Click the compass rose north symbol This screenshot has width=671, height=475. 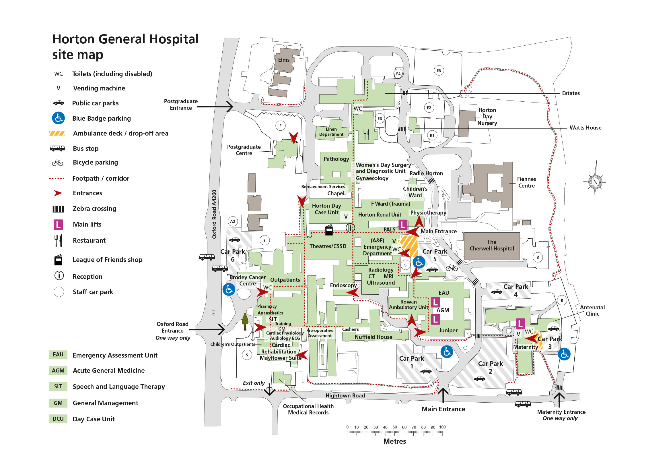click(x=595, y=182)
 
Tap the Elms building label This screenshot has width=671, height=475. click(x=284, y=60)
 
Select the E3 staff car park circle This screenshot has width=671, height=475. click(x=439, y=71)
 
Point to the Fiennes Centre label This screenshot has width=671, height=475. click(x=526, y=182)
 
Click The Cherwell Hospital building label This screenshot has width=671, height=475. click(x=492, y=245)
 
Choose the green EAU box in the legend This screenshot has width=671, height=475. click(x=58, y=354)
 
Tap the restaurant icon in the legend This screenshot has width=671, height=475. click(x=59, y=240)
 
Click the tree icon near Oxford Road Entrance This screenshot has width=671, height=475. click(x=245, y=321)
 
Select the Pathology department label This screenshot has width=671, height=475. click(x=336, y=159)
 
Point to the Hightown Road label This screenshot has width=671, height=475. click(x=345, y=395)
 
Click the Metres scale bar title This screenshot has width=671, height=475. click(x=394, y=441)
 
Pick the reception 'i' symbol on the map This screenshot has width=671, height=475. click(x=350, y=227)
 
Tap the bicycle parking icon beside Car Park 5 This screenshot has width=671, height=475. click(x=452, y=267)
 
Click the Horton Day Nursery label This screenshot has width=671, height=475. click(x=487, y=116)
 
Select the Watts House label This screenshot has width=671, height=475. click(x=586, y=128)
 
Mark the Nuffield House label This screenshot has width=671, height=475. click(x=374, y=337)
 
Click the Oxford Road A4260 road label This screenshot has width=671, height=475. click(x=214, y=214)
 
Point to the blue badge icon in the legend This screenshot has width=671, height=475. click(x=59, y=118)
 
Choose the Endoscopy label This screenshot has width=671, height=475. click(x=343, y=285)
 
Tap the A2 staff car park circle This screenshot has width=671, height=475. click(x=233, y=221)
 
